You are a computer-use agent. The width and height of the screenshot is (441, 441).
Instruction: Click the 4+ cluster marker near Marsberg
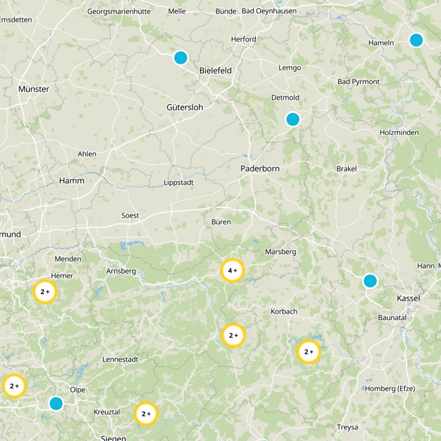[232, 271]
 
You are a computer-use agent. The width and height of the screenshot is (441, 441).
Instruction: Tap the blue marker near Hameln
[416, 40]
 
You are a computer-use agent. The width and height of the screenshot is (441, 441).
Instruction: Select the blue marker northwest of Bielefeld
[181, 57]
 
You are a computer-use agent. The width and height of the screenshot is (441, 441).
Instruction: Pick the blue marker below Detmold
[293, 119]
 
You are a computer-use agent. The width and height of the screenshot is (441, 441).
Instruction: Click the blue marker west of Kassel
[370, 281]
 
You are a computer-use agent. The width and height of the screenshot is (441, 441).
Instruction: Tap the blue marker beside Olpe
[56, 404]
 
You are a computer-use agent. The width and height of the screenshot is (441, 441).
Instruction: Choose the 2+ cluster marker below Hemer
[45, 292]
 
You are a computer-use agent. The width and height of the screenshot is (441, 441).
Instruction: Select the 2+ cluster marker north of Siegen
[146, 414]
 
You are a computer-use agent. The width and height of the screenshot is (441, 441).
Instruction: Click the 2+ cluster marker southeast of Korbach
[309, 352]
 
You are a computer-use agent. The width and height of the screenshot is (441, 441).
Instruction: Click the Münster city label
[34, 89]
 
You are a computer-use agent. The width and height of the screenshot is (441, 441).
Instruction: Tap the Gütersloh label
[185, 107]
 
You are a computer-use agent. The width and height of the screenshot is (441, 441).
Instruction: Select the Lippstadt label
[179, 182]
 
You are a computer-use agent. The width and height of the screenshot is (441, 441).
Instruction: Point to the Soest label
[131, 216]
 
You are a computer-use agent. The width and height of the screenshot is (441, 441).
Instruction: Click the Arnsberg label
[121, 271]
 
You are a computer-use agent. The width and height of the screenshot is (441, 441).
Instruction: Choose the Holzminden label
[399, 133]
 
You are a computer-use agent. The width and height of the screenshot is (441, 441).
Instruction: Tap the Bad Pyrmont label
[358, 82]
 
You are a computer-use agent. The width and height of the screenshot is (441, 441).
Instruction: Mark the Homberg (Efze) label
[390, 389]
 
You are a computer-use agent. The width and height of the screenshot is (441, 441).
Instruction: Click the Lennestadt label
[120, 359]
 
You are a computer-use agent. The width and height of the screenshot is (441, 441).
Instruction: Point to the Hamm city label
[72, 181]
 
